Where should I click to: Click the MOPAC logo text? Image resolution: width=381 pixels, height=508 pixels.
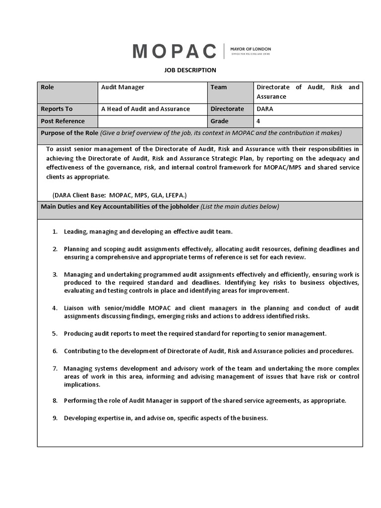point(175,51)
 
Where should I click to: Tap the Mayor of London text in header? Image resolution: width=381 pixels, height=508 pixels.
point(251,49)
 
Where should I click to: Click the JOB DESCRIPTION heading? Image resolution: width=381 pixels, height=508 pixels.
point(190,70)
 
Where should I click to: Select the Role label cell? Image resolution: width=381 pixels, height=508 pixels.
point(48,87)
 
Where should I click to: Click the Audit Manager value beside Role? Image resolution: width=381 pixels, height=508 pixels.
point(123,87)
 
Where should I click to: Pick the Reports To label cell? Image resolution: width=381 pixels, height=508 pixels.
point(56,109)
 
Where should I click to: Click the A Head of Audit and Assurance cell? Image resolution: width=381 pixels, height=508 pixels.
point(145,109)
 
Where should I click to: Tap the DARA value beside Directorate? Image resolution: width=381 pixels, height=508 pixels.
point(265,109)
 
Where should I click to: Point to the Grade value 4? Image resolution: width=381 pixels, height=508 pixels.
point(258,121)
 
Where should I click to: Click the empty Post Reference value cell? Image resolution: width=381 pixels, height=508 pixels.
point(152,121)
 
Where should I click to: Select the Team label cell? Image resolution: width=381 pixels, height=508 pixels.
point(218,87)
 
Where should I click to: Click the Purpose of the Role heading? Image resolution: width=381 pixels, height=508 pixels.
point(69,133)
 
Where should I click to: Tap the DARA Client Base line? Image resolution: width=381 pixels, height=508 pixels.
point(119,195)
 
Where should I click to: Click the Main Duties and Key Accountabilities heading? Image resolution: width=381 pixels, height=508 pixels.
point(120,206)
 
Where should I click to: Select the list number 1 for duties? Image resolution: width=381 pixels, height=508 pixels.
point(55,232)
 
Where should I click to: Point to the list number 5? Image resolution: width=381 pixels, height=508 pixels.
point(55,334)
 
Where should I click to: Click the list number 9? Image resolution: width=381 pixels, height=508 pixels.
point(55,418)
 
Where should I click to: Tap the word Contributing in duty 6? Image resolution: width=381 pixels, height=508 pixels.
point(83,351)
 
